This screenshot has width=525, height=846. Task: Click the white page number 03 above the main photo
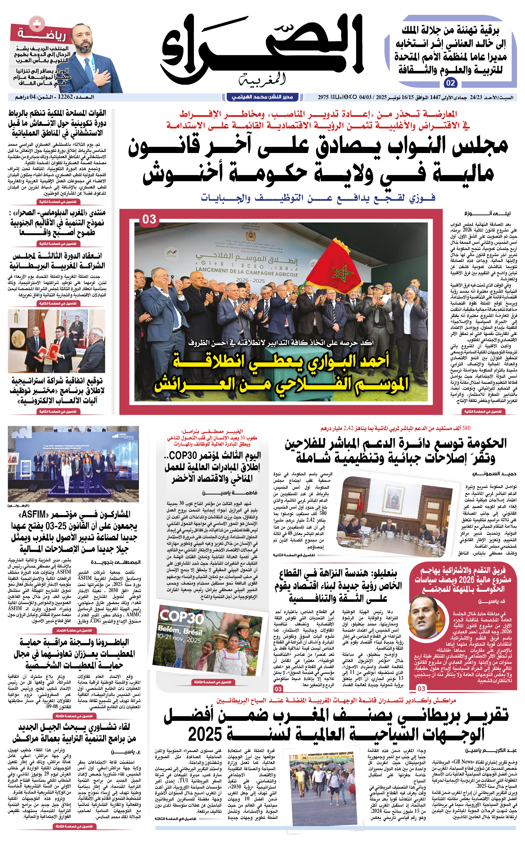pos(149,220)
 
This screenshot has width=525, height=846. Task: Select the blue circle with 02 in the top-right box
pos(450,83)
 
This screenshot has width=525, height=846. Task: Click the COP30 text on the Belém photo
pos(182,616)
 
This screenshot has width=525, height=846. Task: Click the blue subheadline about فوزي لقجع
pos(318,198)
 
